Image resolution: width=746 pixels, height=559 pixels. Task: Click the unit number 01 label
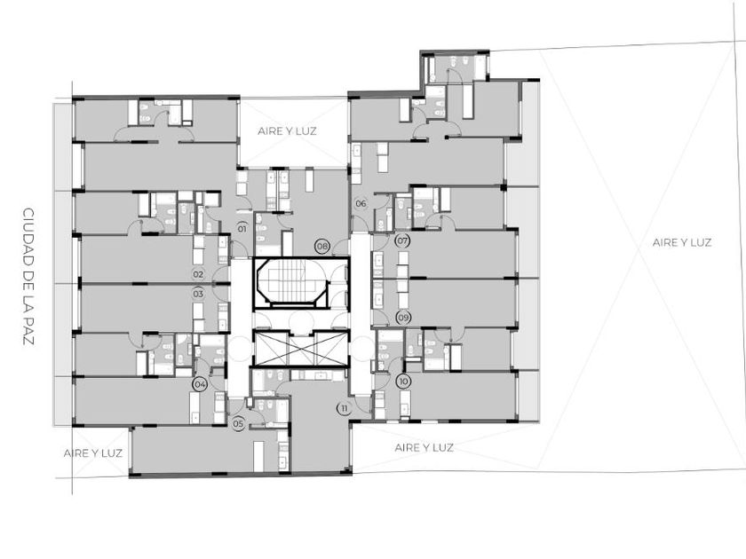pyautogui.click(x=242, y=229)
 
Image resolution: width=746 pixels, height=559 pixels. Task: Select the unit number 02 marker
pyautogui.click(x=198, y=274)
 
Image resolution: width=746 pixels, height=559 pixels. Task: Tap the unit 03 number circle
pyautogui.click(x=198, y=294)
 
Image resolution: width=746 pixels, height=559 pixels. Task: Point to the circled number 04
pyautogui.click(x=201, y=384)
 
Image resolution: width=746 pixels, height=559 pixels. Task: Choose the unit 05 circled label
pyautogui.click(x=238, y=423)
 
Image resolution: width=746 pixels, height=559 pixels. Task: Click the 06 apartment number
pyautogui.click(x=361, y=204)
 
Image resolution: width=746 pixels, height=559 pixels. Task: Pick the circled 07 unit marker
pyautogui.click(x=402, y=240)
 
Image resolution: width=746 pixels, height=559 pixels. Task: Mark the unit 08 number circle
pyautogui.click(x=322, y=247)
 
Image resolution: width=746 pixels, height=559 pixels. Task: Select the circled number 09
pyautogui.click(x=403, y=318)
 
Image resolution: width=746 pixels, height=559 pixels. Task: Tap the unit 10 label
pyautogui.click(x=404, y=382)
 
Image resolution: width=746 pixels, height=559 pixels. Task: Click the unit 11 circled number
pyautogui.click(x=344, y=408)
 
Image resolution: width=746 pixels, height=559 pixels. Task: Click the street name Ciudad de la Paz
pyautogui.click(x=29, y=277)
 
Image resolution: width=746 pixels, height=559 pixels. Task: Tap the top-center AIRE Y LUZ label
pyautogui.click(x=287, y=131)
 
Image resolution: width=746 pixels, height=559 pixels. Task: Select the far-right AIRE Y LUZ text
pyautogui.click(x=682, y=242)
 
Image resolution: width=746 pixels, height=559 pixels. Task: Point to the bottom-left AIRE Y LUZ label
pyautogui.click(x=92, y=453)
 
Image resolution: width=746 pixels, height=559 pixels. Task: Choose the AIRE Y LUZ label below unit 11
pyautogui.click(x=424, y=447)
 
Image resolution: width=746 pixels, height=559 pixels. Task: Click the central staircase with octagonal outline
pyautogui.click(x=291, y=284)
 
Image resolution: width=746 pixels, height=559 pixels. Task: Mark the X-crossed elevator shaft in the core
pyautogui.click(x=301, y=349)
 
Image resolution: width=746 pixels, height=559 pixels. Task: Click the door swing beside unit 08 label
pyautogui.click(x=339, y=248)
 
